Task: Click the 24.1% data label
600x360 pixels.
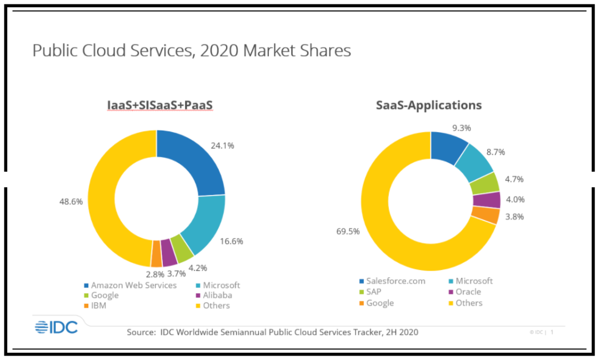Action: click(x=222, y=146)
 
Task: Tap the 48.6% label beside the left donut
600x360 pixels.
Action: click(x=71, y=202)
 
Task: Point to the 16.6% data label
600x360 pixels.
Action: click(x=231, y=241)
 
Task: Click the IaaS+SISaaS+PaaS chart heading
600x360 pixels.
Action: click(x=160, y=105)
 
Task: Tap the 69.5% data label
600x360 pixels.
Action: click(x=348, y=231)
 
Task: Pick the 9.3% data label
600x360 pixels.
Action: click(x=462, y=128)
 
